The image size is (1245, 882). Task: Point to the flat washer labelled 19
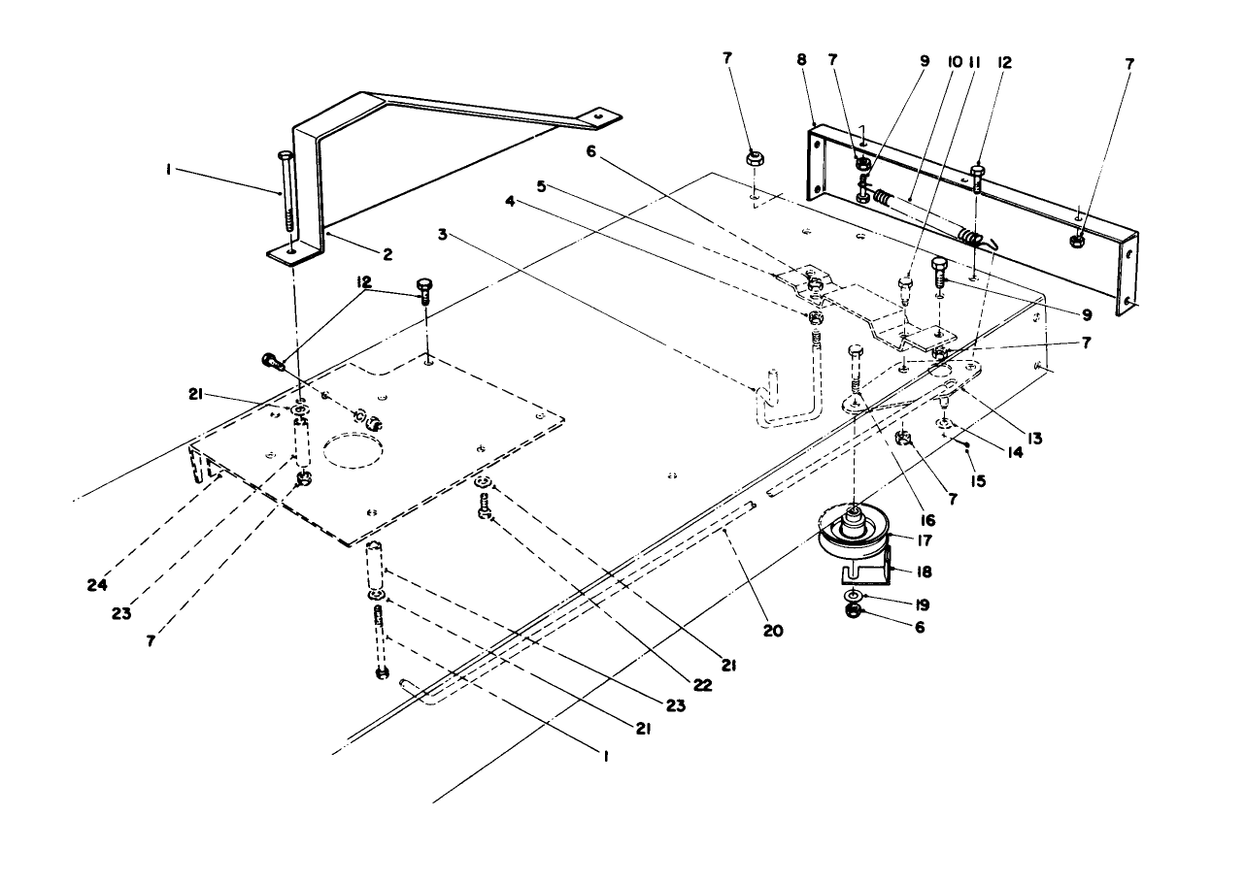pyautogui.click(x=852, y=594)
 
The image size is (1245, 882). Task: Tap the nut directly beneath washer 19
pyautogui.click(x=852, y=611)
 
